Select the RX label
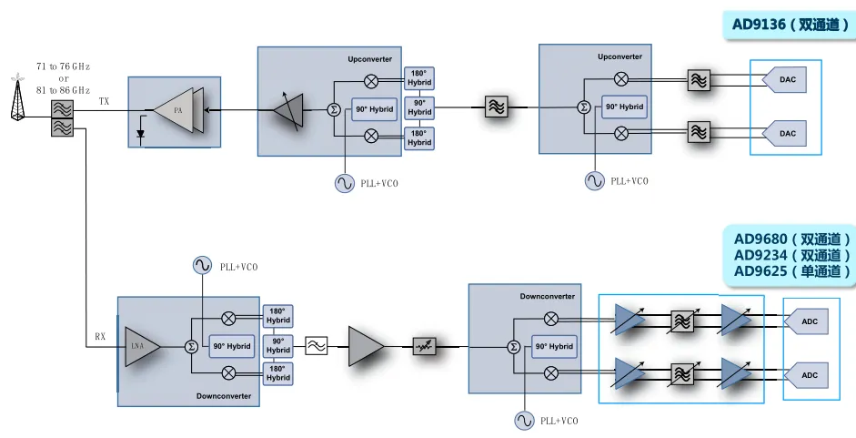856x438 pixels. pyautogui.click(x=100, y=337)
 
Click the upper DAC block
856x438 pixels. pyautogui.click(x=786, y=80)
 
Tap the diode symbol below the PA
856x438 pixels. pyautogui.click(x=140, y=134)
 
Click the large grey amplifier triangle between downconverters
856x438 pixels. pyautogui.click(x=366, y=347)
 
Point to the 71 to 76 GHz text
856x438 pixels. pyautogui.click(x=63, y=66)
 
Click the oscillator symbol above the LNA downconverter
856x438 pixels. pyautogui.click(x=201, y=265)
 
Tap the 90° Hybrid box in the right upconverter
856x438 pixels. pyautogui.click(x=624, y=107)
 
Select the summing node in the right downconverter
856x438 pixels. pyautogui.click(x=513, y=346)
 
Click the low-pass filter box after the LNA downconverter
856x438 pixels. pyautogui.click(x=316, y=346)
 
